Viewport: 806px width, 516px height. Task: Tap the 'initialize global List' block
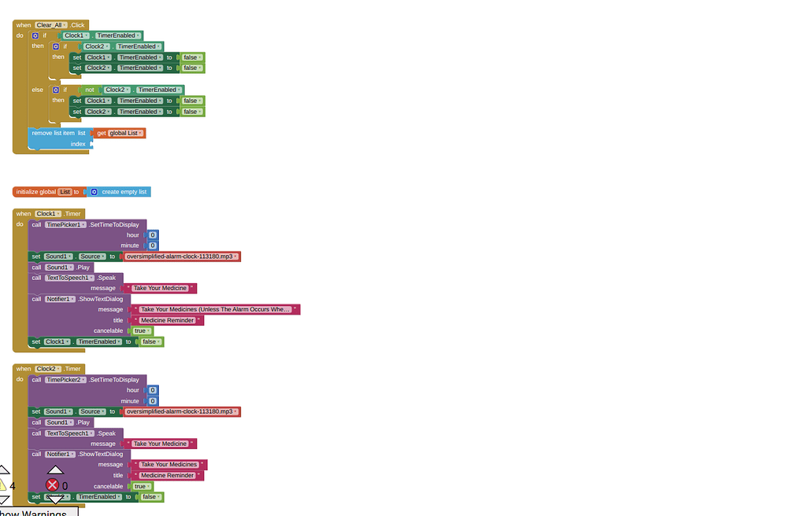click(x=35, y=192)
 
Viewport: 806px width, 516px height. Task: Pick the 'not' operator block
click(x=89, y=90)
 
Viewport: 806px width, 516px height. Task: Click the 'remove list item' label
click(x=53, y=133)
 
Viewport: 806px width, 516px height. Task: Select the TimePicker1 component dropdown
click(x=65, y=225)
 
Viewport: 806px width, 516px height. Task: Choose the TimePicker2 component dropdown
click(x=65, y=380)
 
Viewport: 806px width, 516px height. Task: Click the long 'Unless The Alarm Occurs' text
click(x=215, y=310)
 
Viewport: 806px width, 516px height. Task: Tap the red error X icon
click(x=53, y=485)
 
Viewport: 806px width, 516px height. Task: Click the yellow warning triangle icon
click(x=2, y=485)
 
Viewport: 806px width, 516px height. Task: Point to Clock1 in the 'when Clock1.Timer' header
click(x=47, y=214)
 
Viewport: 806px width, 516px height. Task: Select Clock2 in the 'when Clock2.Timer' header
click(x=47, y=369)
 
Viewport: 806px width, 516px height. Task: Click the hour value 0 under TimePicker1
click(x=153, y=235)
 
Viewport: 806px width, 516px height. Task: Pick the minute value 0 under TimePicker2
click(x=153, y=401)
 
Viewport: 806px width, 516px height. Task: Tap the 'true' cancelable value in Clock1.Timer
click(x=141, y=331)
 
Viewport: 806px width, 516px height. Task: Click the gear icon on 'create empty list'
click(x=94, y=192)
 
